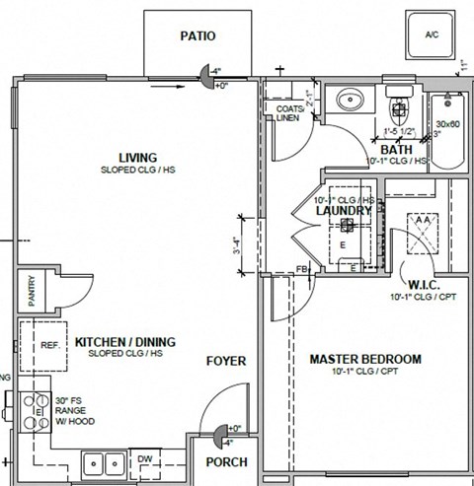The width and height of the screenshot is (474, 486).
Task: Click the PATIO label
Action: (197, 36)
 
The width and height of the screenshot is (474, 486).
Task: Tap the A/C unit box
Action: (431, 35)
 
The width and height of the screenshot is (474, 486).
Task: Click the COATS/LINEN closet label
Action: (287, 113)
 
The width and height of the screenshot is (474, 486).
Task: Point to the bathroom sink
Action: (349, 100)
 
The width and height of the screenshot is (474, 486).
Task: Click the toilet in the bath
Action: (399, 105)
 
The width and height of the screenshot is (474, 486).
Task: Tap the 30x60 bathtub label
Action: (448, 124)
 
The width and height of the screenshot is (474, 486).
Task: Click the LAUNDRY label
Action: (343, 211)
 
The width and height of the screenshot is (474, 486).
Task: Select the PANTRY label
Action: (32, 293)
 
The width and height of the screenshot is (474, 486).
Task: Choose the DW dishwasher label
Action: (145, 458)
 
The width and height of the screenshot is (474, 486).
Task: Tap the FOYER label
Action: (226, 362)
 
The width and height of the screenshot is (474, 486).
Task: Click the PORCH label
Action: (226, 462)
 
